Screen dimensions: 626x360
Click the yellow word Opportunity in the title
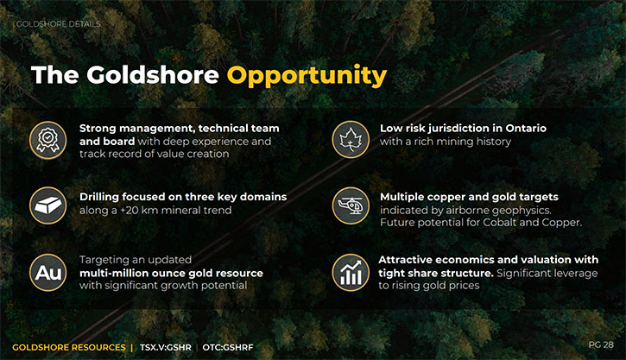[307, 76]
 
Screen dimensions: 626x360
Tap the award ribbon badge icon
[47, 140]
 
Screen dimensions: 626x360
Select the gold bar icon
[47, 205]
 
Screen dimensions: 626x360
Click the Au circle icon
[47, 273]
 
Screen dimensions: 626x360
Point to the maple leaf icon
[351, 140]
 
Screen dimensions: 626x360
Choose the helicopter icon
[351, 205]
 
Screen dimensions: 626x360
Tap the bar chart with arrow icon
[351, 273]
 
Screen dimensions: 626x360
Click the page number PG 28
[601, 344]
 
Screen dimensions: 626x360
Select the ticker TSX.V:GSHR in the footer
[165, 348]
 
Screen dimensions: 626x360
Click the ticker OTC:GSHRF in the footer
[228, 348]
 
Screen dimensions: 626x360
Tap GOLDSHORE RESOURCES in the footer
[69, 348]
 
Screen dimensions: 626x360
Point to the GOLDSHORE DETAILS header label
[59, 24]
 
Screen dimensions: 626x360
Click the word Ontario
[526, 128]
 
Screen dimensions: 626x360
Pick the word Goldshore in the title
[153, 74]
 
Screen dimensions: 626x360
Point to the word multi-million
[107, 273]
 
